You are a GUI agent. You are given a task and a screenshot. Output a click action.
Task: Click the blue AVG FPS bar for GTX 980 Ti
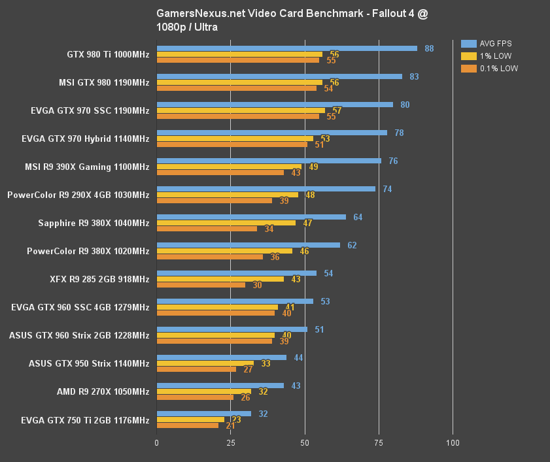(x=286, y=48)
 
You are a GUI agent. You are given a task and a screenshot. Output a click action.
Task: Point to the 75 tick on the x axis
(x=378, y=443)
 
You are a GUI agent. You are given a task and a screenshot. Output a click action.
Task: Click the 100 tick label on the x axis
(x=452, y=443)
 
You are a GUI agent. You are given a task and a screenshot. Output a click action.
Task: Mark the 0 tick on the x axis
(x=156, y=443)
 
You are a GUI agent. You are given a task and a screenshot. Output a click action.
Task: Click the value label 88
(x=429, y=48)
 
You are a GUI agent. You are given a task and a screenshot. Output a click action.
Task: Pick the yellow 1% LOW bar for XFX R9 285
(x=220, y=279)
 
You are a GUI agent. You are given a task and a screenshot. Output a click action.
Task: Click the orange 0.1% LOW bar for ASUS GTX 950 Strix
(x=196, y=369)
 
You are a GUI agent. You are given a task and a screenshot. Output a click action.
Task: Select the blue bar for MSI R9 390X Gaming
(x=269, y=161)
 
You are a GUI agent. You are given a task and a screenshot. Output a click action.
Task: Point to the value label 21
(x=230, y=426)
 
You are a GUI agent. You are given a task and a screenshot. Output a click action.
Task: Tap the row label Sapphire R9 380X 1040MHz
(x=94, y=223)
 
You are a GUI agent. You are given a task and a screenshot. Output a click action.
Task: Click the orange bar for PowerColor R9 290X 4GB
(x=214, y=201)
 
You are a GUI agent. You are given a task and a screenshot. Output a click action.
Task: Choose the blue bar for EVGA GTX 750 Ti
(x=203, y=414)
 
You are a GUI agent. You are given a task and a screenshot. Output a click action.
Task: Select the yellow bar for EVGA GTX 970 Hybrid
(x=235, y=139)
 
